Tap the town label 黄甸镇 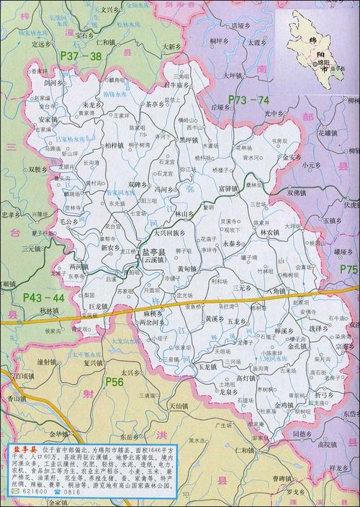click(191, 267)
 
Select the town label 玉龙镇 click(207, 366)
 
